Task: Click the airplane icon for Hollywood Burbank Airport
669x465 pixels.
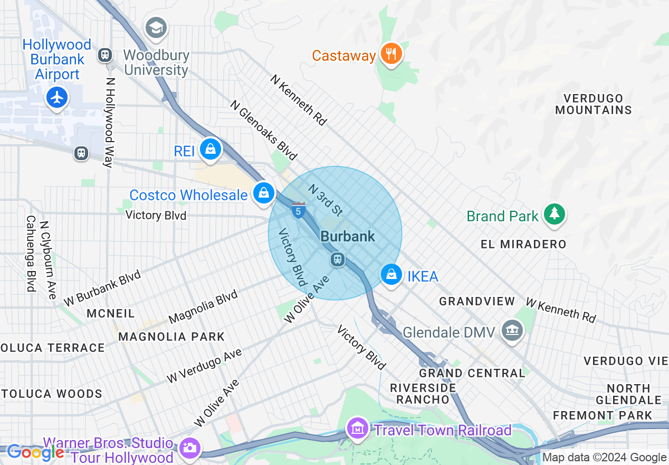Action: pos(56,97)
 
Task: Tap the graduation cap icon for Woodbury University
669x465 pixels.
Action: pos(156,28)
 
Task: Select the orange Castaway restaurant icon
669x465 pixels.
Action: pos(391,54)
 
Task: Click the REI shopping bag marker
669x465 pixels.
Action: pos(211,150)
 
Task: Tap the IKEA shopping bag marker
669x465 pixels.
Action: pos(391,275)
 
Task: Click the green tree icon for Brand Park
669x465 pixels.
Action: pos(554,214)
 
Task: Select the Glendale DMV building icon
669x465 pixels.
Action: pos(511,331)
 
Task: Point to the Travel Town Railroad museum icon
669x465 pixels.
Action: pos(358,429)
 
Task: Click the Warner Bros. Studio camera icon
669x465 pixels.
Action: pos(189,448)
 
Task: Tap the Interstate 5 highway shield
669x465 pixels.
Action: pos(298,210)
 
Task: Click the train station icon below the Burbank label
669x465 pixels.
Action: pos(338,259)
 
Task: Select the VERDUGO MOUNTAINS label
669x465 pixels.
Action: pos(593,104)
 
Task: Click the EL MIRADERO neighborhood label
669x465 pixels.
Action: pos(523,244)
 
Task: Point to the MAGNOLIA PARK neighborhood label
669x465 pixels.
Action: pos(171,337)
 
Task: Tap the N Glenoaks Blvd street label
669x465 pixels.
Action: pos(264,130)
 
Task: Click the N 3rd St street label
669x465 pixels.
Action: pos(326,200)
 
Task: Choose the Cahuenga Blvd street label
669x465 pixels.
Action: pos(31,254)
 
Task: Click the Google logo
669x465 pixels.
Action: pos(36,453)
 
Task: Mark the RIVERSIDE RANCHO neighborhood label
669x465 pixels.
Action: pos(423,394)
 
